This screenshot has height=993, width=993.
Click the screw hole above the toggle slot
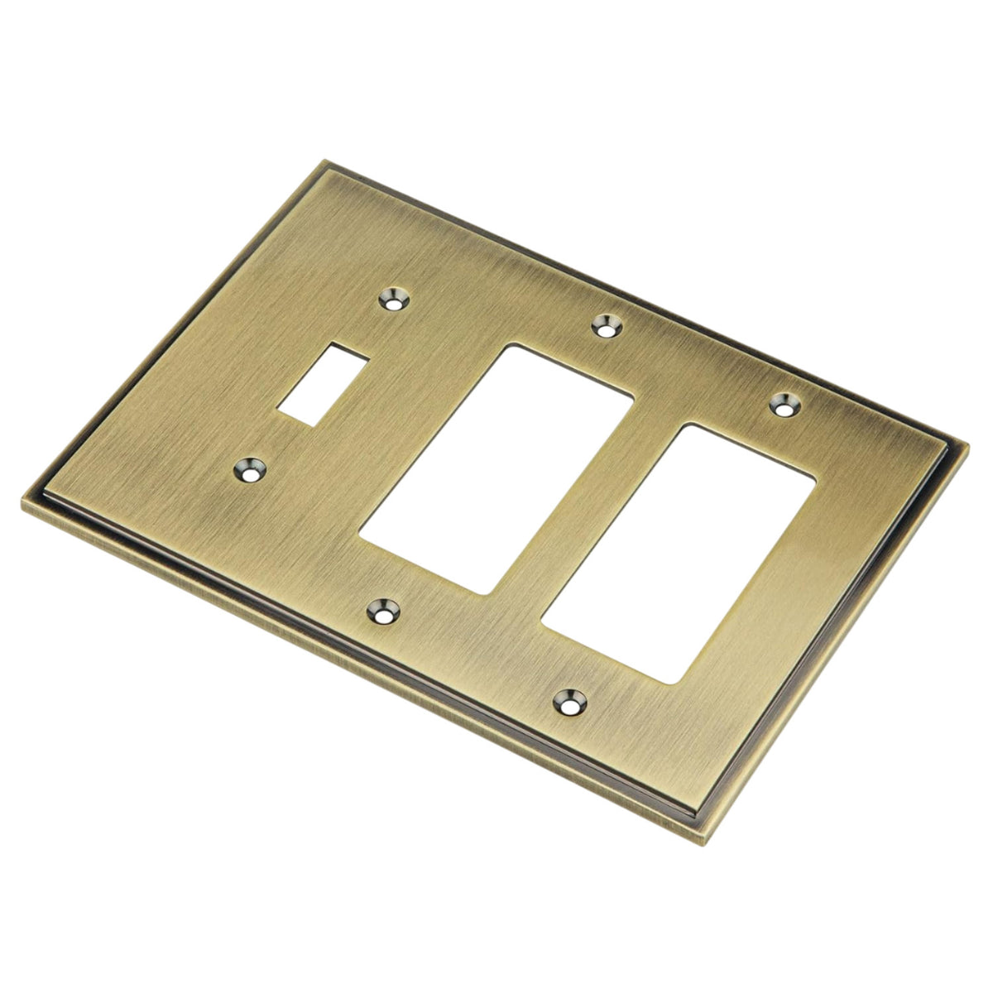[394, 299]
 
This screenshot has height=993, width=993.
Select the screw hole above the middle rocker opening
[608, 325]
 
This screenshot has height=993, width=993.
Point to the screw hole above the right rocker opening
[783, 405]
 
